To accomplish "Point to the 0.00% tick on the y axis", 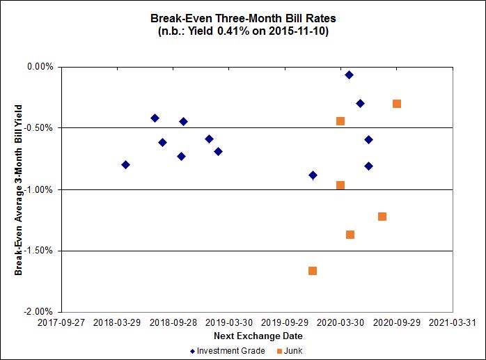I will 40,67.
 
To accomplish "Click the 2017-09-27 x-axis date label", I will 61,323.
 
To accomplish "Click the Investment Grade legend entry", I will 228,351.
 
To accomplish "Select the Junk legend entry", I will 289,351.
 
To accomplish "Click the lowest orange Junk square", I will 313,271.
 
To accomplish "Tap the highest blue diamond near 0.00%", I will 350,75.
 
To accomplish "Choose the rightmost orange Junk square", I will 397,104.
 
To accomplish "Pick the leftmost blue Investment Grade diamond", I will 125,164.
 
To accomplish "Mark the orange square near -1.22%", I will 382,217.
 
